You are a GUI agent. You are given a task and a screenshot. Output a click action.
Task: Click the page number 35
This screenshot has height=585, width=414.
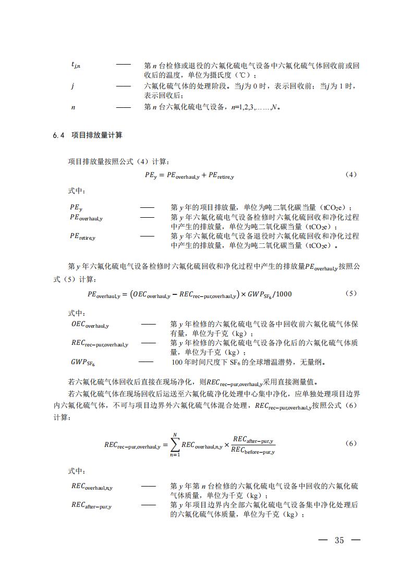pos(339,540)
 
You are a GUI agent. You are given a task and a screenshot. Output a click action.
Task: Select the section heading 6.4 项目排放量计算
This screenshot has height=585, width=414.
pos(88,135)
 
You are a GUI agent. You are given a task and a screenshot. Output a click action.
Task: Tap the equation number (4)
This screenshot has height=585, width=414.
pos(351,175)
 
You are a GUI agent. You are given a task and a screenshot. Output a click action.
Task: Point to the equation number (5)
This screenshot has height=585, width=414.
pos(351,293)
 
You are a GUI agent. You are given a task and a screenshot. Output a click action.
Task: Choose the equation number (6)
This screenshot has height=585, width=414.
pos(351,443)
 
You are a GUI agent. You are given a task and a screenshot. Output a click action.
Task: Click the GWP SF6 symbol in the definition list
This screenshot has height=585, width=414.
pos(83,362)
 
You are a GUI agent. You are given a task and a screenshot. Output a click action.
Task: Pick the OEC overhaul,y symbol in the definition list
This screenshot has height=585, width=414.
pos(90,325)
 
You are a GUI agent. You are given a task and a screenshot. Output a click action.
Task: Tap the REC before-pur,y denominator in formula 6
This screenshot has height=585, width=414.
pos(253,451)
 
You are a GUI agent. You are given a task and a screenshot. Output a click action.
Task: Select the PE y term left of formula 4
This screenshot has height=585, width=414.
pos(151,176)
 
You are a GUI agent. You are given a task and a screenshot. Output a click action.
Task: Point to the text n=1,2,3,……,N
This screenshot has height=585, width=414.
pos(258,108)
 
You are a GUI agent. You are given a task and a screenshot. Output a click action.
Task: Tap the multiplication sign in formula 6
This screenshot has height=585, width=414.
pos(226,444)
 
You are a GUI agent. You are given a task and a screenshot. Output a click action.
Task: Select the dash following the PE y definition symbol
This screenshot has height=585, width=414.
pos(147,207)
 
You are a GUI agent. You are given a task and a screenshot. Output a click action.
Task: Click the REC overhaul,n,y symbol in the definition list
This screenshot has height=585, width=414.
pos(92,487)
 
